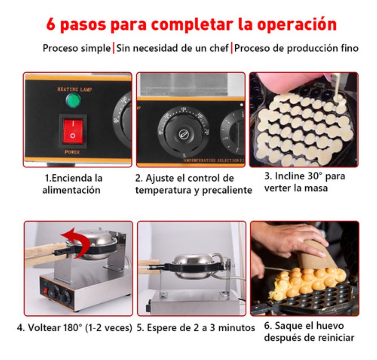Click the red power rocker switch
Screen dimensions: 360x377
[x=73, y=131]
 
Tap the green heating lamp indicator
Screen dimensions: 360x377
[x=73, y=100]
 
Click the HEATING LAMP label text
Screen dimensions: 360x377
[x=74, y=90]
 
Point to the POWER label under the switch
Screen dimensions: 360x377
[x=72, y=152]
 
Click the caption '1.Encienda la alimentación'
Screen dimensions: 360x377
[x=72, y=184]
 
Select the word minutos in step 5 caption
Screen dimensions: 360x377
[x=236, y=328]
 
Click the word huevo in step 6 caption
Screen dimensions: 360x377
[x=329, y=325]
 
